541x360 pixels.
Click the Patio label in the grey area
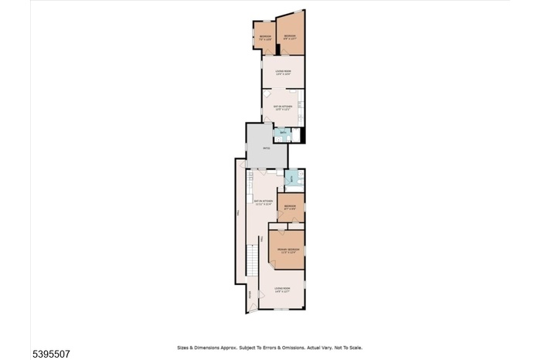266,148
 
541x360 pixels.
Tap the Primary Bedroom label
288,250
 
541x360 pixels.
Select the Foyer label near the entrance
250,294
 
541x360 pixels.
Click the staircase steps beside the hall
252,263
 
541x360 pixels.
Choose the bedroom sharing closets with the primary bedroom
291,207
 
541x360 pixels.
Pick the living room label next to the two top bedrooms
283,72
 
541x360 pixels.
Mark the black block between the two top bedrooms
277,49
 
